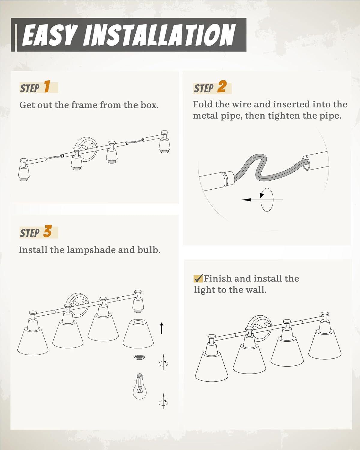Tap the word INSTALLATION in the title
[x=160, y=35]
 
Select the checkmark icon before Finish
[x=198, y=278]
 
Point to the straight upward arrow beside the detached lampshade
[x=161, y=328]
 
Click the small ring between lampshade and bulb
[x=139, y=357]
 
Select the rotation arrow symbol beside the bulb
[x=163, y=402]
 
